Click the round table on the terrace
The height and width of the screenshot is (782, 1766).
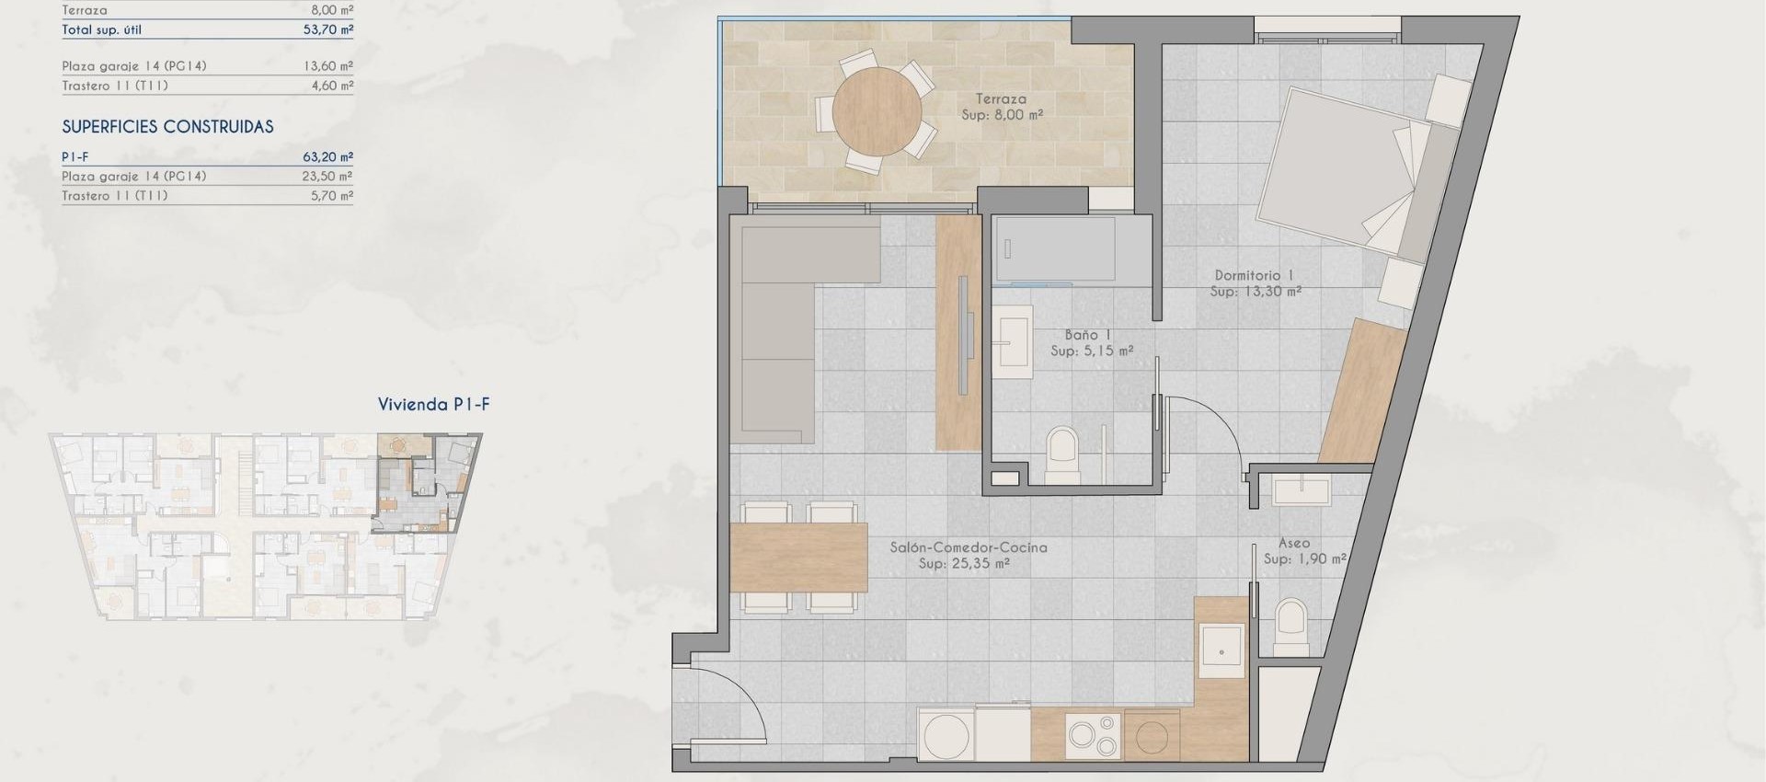(x=877, y=111)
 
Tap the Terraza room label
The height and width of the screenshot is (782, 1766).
(x=1001, y=98)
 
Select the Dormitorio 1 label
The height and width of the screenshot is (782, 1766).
(x=1254, y=275)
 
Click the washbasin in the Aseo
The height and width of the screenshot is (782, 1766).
(x=1301, y=490)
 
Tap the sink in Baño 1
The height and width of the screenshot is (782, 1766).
(x=1013, y=340)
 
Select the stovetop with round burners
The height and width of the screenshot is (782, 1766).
(x=1094, y=736)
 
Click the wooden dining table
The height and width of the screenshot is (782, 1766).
(x=798, y=558)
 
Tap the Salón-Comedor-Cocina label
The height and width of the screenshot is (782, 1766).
(x=968, y=547)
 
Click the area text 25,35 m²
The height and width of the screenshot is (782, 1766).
(x=964, y=564)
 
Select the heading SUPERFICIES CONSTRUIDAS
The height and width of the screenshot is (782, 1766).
(x=167, y=127)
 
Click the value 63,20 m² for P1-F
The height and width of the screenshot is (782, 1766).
(x=327, y=157)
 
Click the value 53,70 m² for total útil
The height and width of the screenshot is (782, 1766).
(x=327, y=29)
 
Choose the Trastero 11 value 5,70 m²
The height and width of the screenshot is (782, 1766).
(x=331, y=196)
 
